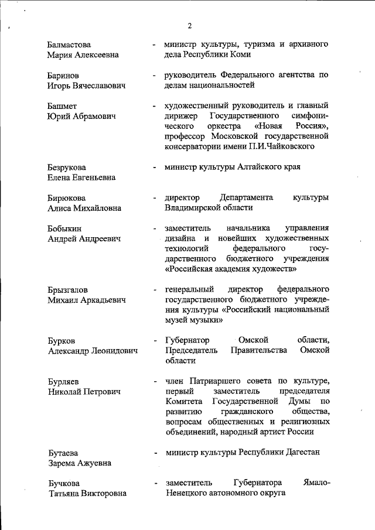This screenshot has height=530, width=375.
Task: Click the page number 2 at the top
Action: coord(190,25)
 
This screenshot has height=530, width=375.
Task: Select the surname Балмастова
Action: coord(70,44)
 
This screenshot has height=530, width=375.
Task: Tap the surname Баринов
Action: coord(64,76)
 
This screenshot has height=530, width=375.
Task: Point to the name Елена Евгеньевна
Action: coord(81,177)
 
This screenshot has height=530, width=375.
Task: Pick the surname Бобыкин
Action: coord(65,228)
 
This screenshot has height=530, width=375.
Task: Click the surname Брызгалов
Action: coord(68,290)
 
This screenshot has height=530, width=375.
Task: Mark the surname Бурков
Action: coord(62,341)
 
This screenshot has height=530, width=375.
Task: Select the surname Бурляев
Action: coord(64,381)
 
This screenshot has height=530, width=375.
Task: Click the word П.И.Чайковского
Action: coord(284,146)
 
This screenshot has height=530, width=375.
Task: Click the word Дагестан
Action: coord(301,453)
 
